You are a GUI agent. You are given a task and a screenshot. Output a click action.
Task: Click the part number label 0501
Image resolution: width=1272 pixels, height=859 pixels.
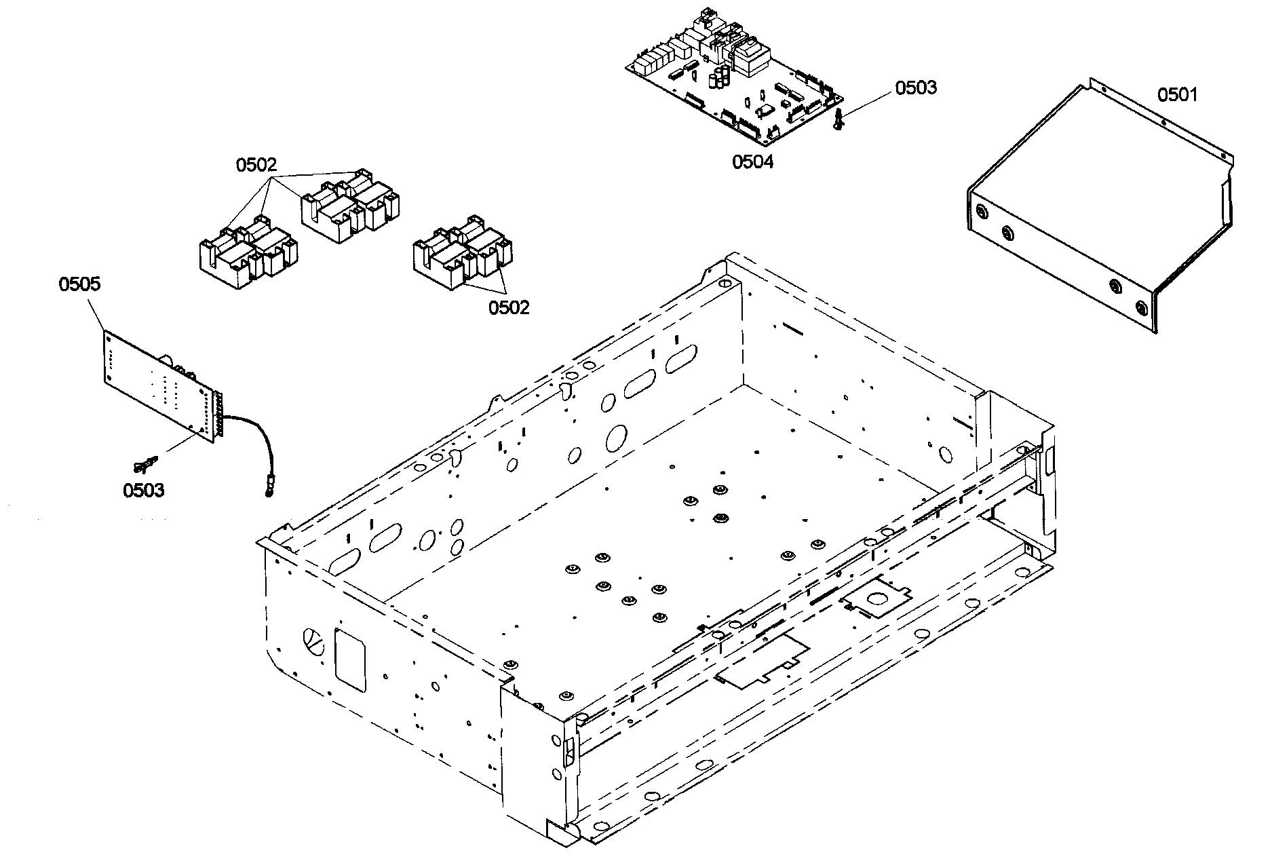click(1178, 95)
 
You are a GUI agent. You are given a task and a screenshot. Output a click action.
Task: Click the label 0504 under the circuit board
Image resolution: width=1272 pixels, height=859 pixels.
click(752, 161)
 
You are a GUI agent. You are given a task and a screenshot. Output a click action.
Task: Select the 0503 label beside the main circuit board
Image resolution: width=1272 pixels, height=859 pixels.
click(916, 88)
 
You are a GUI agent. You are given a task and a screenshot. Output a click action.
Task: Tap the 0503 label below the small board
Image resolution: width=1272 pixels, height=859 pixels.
click(143, 490)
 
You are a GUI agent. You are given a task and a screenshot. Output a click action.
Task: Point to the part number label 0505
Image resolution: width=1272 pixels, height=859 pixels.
click(79, 284)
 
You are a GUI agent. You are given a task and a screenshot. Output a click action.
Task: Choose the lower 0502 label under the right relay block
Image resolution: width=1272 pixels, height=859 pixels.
click(509, 307)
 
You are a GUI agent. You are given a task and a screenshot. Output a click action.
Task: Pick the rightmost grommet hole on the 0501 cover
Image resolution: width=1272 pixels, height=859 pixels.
click(1142, 309)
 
